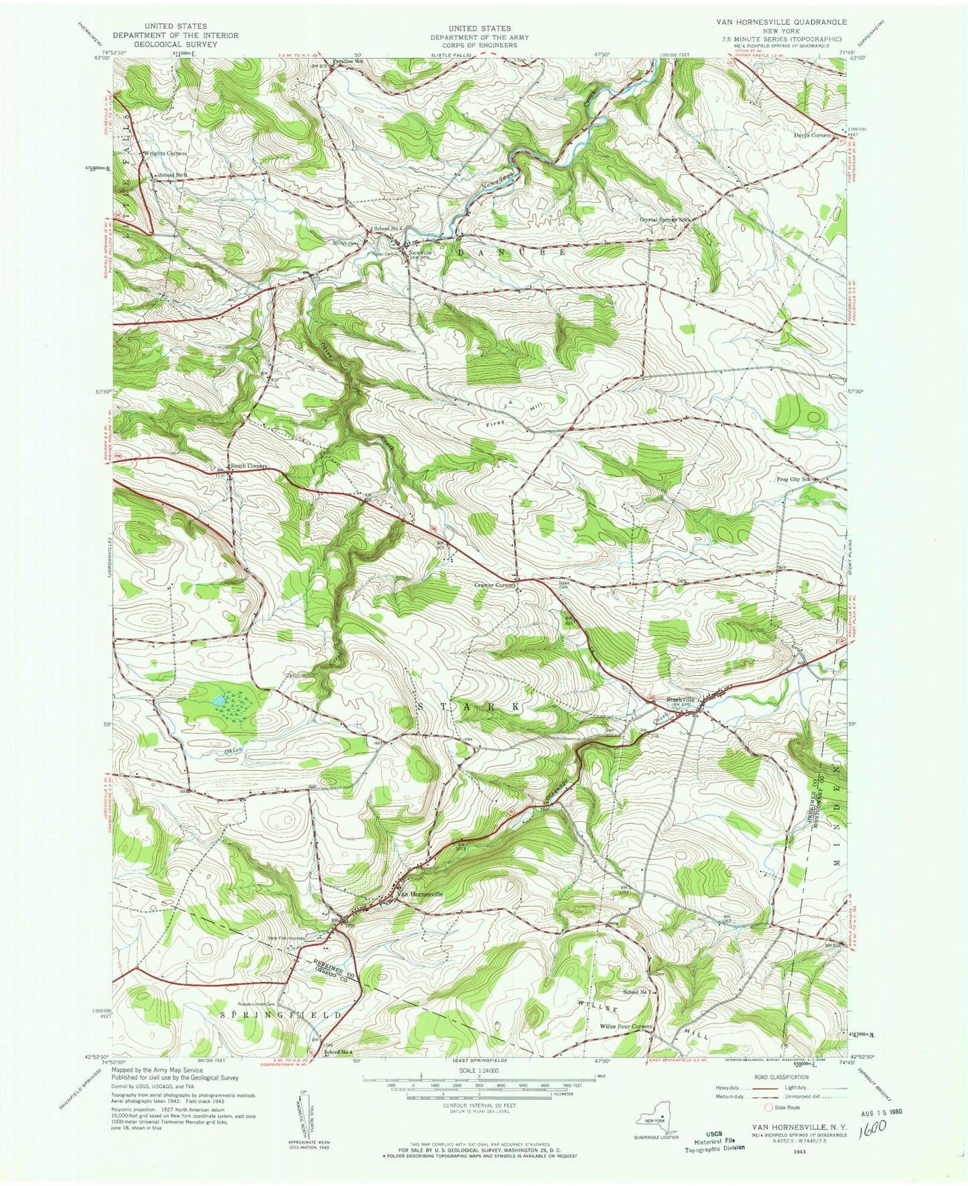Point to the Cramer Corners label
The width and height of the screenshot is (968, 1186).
(495, 585)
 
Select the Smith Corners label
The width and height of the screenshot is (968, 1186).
(249, 465)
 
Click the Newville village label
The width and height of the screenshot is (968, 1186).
(422, 252)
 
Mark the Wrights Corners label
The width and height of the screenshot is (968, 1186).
(165, 153)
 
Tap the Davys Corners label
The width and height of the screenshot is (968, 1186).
(812, 135)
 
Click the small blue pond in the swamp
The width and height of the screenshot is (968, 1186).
(217, 701)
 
